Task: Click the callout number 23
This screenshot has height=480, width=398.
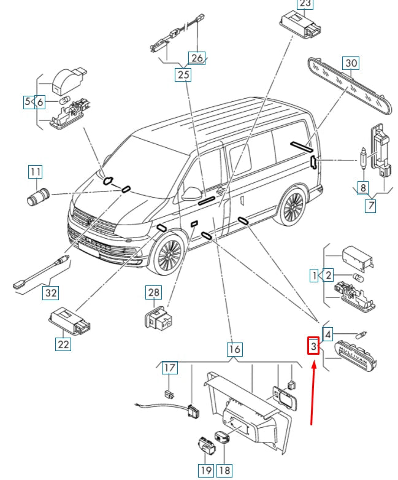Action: [x=305, y=4]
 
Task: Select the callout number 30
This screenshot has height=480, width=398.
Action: [x=351, y=63]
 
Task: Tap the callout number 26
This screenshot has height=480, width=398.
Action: [x=196, y=58]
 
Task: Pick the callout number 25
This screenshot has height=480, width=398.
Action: [x=183, y=75]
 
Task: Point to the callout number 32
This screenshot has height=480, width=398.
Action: [x=51, y=293]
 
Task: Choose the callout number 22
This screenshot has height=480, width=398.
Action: [x=64, y=344]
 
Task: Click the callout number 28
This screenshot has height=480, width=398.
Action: [x=153, y=292]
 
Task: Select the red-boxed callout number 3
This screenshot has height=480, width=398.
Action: [x=313, y=347]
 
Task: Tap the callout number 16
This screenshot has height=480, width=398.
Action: [x=234, y=350]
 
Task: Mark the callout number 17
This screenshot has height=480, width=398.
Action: [x=169, y=368]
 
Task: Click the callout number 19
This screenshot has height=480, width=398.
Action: [x=205, y=470]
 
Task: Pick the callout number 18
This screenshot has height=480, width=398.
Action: [x=225, y=470]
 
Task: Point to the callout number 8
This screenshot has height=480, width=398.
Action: [x=363, y=188]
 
